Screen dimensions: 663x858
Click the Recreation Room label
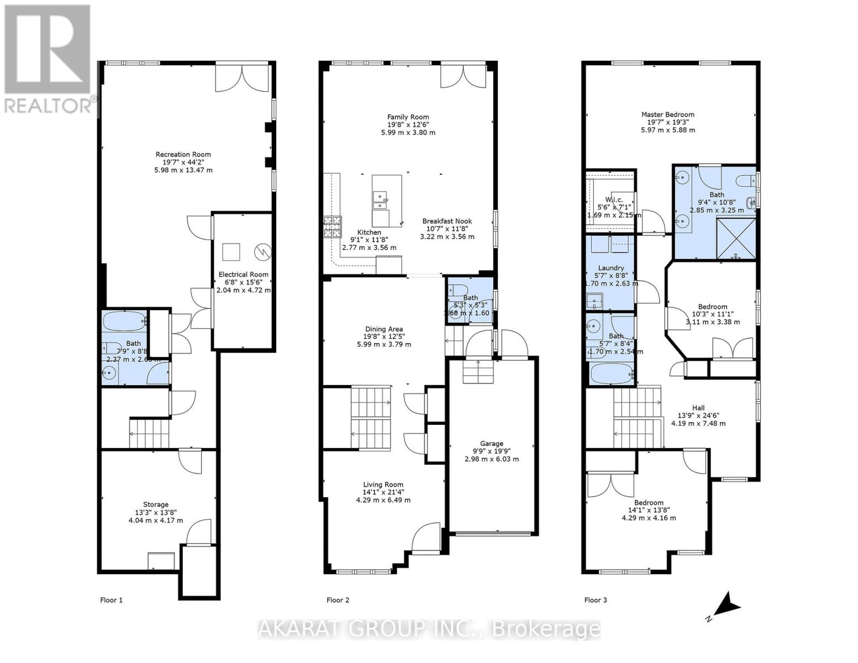[x=183, y=155]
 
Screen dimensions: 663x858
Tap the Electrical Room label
[x=243, y=275]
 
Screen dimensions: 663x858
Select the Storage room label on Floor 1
[x=156, y=504]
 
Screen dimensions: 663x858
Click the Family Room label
[x=408, y=117]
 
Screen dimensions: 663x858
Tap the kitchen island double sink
[x=380, y=200]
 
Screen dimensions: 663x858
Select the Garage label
[x=491, y=444]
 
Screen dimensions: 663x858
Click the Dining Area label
[x=383, y=329]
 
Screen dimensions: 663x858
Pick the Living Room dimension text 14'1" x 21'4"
[x=383, y=492]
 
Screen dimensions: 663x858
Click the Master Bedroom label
[x=667, y=115]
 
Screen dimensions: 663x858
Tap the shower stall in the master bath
[x=736, y=238]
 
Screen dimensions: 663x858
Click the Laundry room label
[x=610, y=268]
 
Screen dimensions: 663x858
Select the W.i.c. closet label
[x=613, y=199]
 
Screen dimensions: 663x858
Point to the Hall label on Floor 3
[x=698, y=408]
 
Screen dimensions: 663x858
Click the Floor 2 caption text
[x=338, y=600]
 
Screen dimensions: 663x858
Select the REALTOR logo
[x=48, y=58]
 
